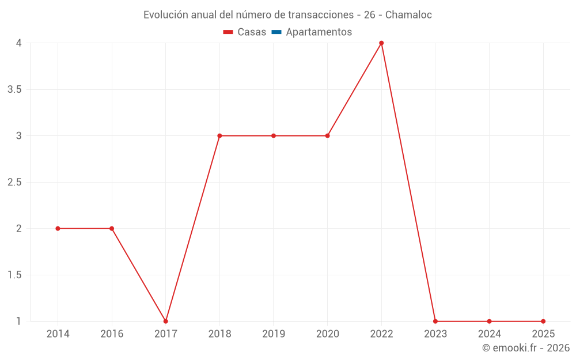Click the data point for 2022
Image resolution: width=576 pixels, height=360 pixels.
click(381, 43)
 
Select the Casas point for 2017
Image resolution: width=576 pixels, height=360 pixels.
click(166, 321)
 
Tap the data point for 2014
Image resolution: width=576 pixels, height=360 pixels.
click(58, 229)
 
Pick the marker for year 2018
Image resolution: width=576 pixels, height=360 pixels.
click(219, 136)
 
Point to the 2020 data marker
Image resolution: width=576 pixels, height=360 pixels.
click(327, 136)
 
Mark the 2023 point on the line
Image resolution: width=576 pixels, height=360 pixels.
click(435, 321)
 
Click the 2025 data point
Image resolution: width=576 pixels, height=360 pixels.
click(543, 321)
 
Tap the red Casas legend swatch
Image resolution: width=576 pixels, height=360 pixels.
click(228, 32)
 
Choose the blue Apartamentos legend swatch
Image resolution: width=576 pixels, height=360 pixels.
click(276, 32)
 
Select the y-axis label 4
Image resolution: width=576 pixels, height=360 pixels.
click(18, 43)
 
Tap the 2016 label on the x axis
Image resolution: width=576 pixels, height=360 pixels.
click(112, 334)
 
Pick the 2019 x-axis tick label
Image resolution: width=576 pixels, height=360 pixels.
click(274, 334)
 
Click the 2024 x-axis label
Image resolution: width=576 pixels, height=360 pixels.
click(489, 334)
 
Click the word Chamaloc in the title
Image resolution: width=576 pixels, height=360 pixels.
click(408, 15)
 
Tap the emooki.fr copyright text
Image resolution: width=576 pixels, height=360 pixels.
click(526, 348)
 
